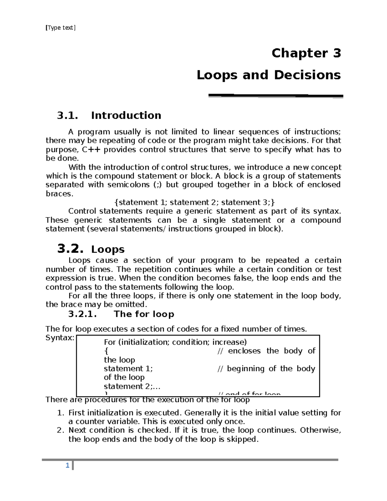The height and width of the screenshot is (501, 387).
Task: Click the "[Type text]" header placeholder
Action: [61, 28]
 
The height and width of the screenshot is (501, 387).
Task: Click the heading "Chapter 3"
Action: [306, 53]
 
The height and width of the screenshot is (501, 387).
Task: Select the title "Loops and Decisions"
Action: [269, 75]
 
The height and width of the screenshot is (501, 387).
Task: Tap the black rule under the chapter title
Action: [276, 95]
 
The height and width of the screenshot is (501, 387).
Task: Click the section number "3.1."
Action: [67, 115]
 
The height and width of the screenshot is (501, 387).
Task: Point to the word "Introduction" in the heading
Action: [126, 115]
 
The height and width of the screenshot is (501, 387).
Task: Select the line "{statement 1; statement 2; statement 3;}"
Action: [195, 203]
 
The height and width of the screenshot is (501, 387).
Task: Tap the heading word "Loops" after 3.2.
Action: [108, 249]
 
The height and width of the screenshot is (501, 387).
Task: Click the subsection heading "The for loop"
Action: [144, 314]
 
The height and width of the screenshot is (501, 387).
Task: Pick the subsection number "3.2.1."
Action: [83, 314]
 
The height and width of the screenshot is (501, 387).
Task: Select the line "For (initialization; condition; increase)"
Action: [175, 342]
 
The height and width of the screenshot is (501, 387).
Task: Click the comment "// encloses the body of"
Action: [266, 351]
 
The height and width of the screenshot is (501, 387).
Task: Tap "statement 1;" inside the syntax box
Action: [128, 369]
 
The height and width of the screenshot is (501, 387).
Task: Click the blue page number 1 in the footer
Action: [67, 466]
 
